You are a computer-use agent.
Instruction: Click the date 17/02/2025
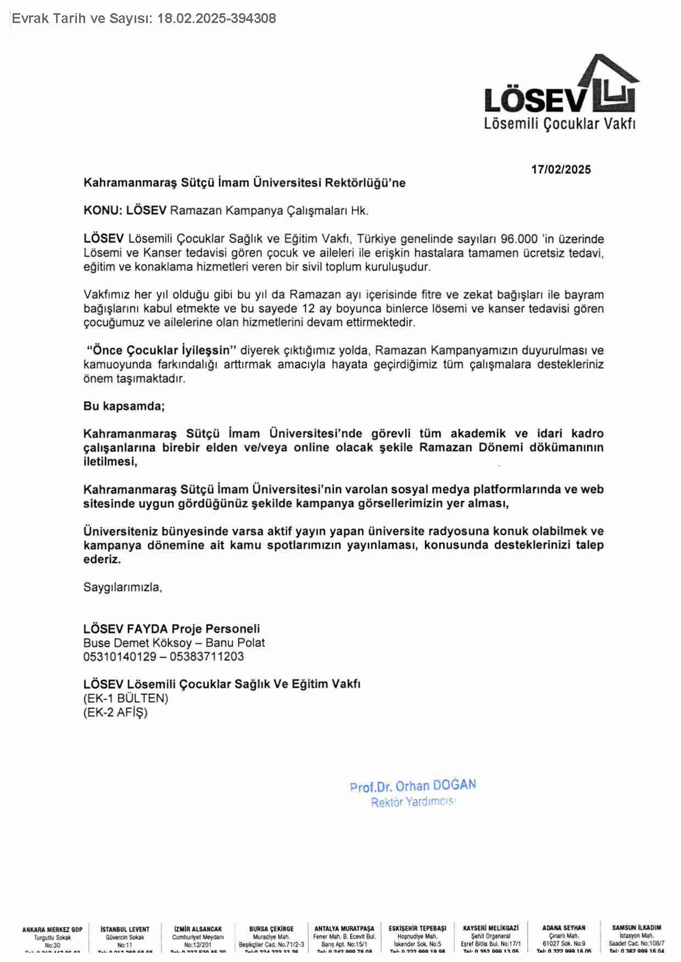[561, 170]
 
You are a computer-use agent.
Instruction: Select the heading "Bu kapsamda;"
[124, 406]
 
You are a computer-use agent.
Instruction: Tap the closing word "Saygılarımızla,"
[122, 587]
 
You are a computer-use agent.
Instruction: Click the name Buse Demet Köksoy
[138, 643]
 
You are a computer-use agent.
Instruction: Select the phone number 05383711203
[206, 656]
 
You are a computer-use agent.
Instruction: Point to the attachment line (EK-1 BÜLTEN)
[126, 698]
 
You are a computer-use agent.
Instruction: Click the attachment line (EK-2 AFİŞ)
[115, 712]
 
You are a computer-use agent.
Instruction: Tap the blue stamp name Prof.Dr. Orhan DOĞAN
[412, 786]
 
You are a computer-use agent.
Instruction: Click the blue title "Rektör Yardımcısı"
[413, 802]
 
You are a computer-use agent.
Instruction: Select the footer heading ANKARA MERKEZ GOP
[52, 930]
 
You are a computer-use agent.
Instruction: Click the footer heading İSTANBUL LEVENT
[125, 930]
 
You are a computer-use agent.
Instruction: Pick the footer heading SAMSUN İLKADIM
[637, 928]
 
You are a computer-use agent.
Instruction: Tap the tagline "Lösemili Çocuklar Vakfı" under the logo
[559, 123]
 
